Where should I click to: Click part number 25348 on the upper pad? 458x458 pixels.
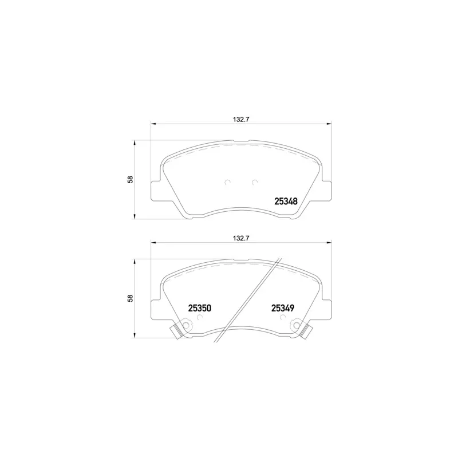tap(286, 202)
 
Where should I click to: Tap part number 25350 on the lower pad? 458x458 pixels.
tap(199, 308)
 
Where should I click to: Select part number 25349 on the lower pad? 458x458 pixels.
tap(283, 308)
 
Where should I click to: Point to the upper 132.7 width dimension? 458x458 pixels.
tap(240, 119)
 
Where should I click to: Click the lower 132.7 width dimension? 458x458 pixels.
tap(240, 238)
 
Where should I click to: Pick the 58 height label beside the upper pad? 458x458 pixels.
tap(131, 179)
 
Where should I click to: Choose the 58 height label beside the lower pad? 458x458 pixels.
tap(131, 298)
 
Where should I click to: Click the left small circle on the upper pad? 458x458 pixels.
tap(227, 182)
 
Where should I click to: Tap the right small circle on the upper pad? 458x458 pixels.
tap(255, 182)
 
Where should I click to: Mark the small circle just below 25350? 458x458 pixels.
tap(200, 317)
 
